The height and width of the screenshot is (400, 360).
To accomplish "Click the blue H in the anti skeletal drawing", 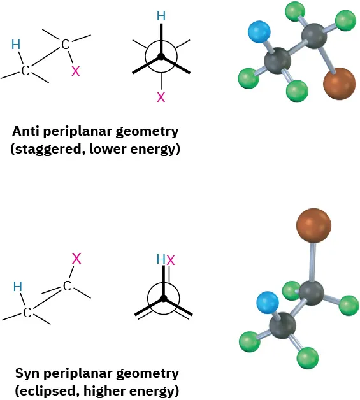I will (16, 44).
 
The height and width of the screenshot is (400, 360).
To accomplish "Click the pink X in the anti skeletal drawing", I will (75, 71).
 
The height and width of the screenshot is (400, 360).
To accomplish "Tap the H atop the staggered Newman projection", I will (161, 15).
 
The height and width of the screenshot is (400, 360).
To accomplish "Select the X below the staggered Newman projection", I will (161, 97).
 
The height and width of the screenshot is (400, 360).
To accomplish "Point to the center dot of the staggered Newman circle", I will (161, 57).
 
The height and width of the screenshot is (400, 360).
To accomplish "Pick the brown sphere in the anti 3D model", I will (339, 85).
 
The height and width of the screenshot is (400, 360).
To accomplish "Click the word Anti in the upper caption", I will (27, 132).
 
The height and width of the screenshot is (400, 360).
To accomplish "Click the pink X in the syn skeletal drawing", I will (76, 258).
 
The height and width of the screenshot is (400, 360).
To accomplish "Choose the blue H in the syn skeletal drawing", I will (18, 287).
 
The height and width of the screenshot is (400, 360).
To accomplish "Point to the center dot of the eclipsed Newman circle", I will (163, 298).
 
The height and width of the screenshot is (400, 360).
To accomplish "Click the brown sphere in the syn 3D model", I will (313, 224).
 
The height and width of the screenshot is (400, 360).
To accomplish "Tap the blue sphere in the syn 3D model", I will (267, 303).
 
